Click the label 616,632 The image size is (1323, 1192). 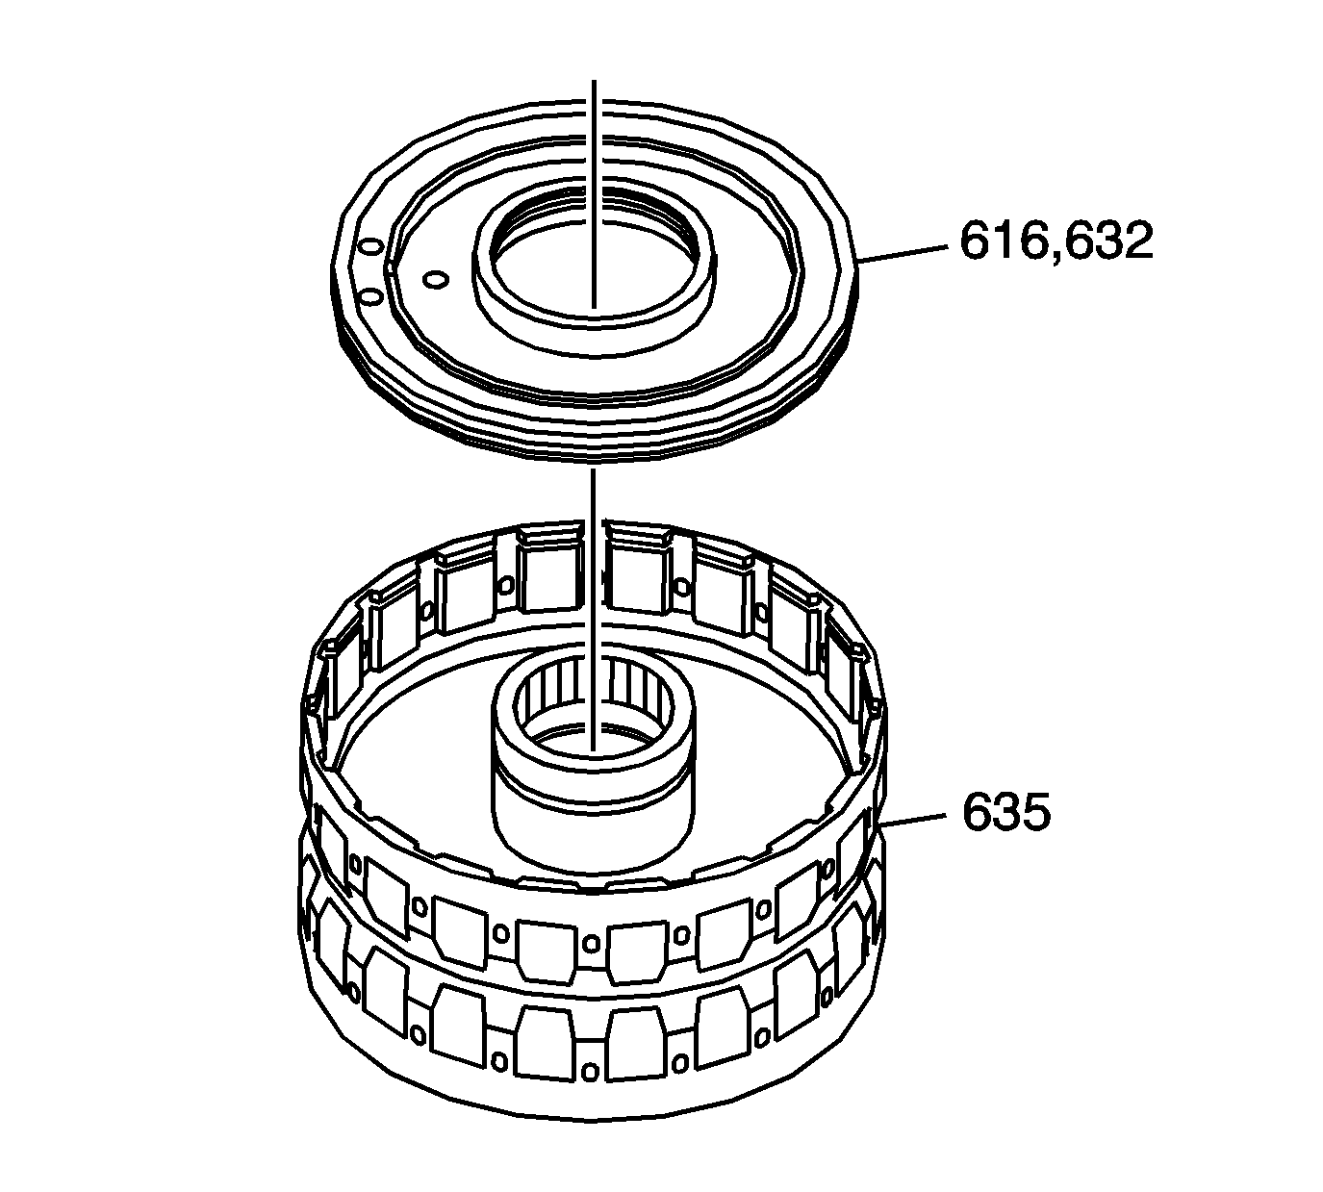(1056, 241)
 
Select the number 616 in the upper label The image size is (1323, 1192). (1003, 241)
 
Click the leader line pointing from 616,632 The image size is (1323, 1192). (903, 254)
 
